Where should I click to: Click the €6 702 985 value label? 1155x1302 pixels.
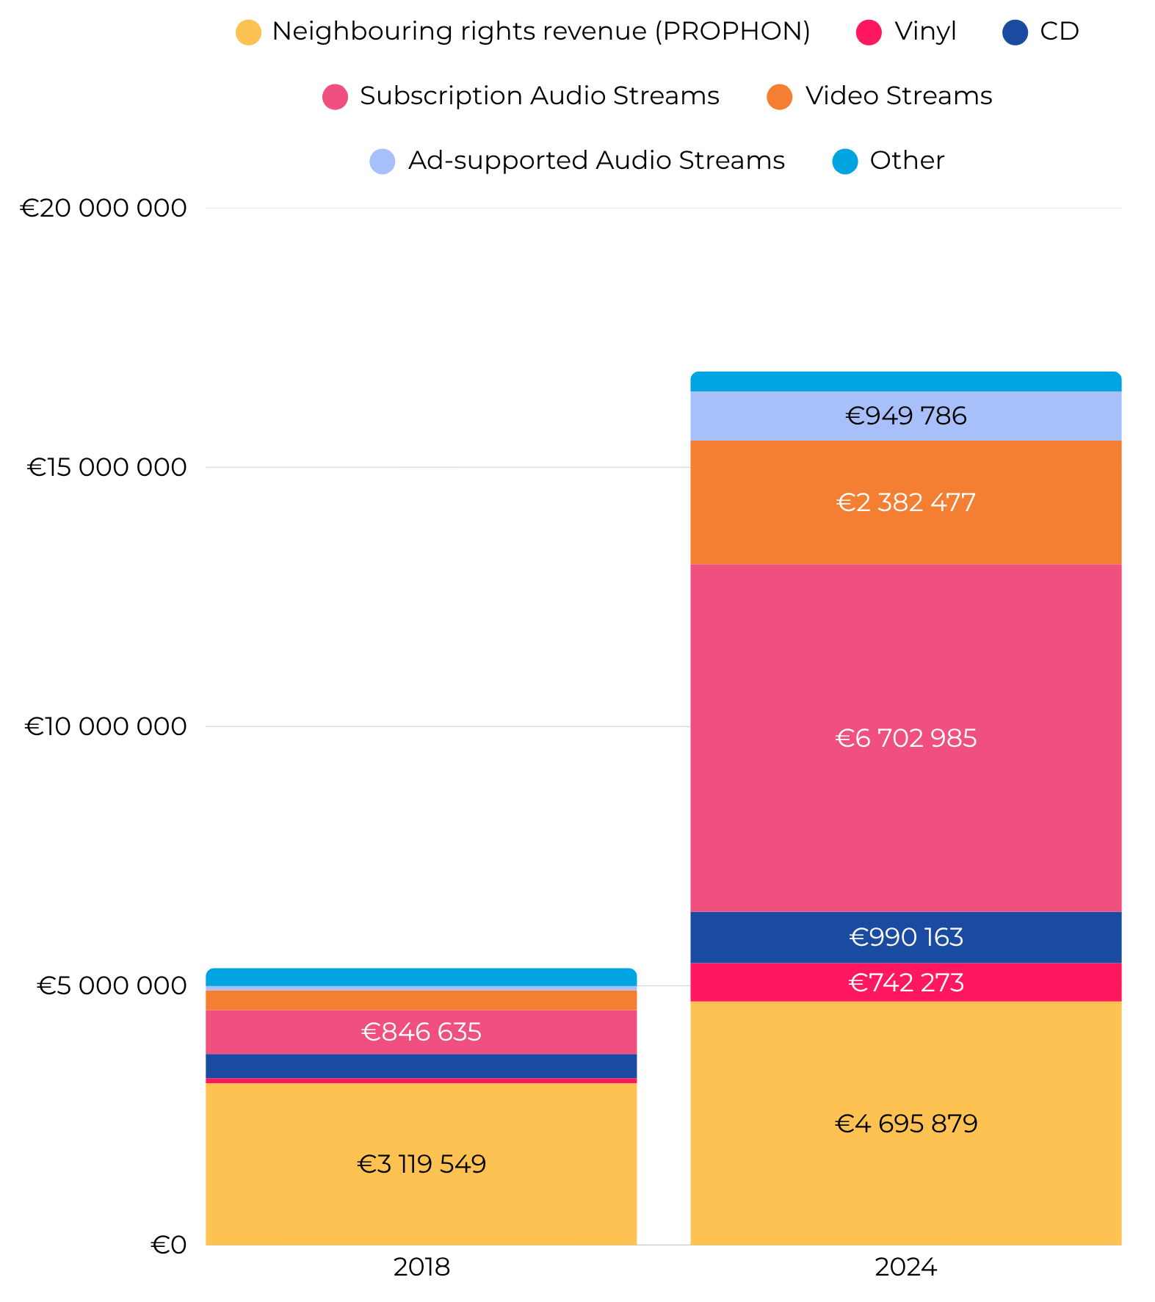[x=905, y=738]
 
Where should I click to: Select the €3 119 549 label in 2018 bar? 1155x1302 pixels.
[x=421, y=1164]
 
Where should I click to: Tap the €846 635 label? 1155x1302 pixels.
[x=421, y=1032]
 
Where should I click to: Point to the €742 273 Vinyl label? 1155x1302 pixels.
[x=905, y=983]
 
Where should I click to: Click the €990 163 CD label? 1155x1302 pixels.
[x=905, y=937]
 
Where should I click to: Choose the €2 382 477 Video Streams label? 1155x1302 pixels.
[x=905, y=502]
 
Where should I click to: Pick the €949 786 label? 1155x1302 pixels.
[x=905, y=416]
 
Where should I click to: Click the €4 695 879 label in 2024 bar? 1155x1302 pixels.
[x=905, y=1124]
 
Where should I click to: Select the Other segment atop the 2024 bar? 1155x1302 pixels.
[x=905, y=382]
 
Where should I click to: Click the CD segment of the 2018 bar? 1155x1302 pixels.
[x=421, y=1066]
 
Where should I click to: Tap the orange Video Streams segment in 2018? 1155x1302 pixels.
[x=421, y=1000]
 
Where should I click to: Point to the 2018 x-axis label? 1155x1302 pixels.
[x=421, y=1267]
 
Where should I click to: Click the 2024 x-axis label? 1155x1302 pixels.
[x=905, y=1267]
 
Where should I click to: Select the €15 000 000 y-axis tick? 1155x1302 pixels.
[x=107, y=467]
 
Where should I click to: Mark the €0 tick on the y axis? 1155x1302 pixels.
[x=169, y=1245]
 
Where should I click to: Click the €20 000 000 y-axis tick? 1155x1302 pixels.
[x=104, y=208]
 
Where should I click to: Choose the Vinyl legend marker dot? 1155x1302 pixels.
[x=869, y=32]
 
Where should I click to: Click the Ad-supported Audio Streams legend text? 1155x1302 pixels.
[x=596, y=160]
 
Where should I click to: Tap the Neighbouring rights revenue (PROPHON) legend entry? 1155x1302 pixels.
[x=540, y=32]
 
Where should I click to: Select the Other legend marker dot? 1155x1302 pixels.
[x=845, y=161]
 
